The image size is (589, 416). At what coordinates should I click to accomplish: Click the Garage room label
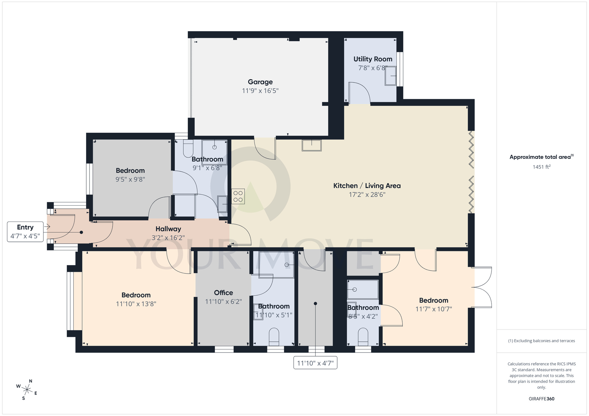pyautogui.click(x=260, y=82)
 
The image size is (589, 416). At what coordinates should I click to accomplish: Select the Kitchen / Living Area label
pyautogui.click(x=367, y=186)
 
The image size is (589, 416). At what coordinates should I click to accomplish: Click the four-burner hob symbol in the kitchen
pyautogui.click(x=238, y=197)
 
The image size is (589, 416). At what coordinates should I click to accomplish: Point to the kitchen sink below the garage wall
pyautogui.click(x=312, y=145)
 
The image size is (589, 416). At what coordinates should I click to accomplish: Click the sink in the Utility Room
pyautogui.click(x=391, y=76)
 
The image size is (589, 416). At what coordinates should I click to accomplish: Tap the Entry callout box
pyautogui.click(x=25, y=232)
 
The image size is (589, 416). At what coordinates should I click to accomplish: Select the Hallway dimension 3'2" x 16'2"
pyautogui.click(x=168, y=238)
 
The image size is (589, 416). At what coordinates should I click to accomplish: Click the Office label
pyautogui.click(x=223, y=293)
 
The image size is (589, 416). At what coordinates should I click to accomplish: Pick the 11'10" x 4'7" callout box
pyautogui.click(x=315, y=363)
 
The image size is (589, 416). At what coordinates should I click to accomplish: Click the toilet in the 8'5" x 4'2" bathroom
pyautogui.click(x=363, y=337)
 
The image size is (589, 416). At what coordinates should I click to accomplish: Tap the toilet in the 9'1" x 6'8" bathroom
pyautogui.click(x=188, y=149)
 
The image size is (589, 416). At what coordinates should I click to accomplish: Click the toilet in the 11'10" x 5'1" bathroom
pyautogui.click(x=274, y=337)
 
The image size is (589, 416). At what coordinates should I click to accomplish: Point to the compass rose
pyautogui.click(x=27, y=390)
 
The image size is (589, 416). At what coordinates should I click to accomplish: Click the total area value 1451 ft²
pyautogui.click(x=541, y=167)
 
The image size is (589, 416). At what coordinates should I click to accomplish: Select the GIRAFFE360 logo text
pyautogui.click(x=541, y=399)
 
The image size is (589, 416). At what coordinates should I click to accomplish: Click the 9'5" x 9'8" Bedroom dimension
pyautogui.click(x=130, y=179)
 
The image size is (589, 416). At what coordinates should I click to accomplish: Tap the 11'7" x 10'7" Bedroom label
pyautogui.click(x=434, y=300)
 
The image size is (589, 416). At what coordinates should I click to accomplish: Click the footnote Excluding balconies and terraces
pyautogui.click(x=541, y=341)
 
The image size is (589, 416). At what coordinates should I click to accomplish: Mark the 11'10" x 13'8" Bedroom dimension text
pyautogui.click(x=136, y=304)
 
